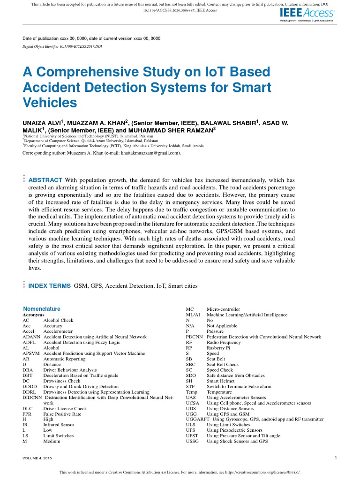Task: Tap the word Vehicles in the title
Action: click(x=49, y=102)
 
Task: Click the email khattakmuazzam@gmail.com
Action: click(x=150, y=153)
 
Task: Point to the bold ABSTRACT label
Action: click(x=45, y=180)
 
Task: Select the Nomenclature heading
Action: click(x=42, y=309)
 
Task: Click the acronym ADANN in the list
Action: click(x=31, y=337)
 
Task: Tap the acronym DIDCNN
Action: click(x=33, y=397)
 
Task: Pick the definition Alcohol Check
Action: click(x=58, y=321)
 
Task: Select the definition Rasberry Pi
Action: click(x=220, y=348)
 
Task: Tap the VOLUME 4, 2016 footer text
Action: click(x=38, y=458)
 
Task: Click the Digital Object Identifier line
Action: click(x=62, y=47)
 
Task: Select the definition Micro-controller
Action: click(x=223, y=309)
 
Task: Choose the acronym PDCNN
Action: click(x=194, y=337)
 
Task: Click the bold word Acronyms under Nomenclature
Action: click(x=33, y=315)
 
